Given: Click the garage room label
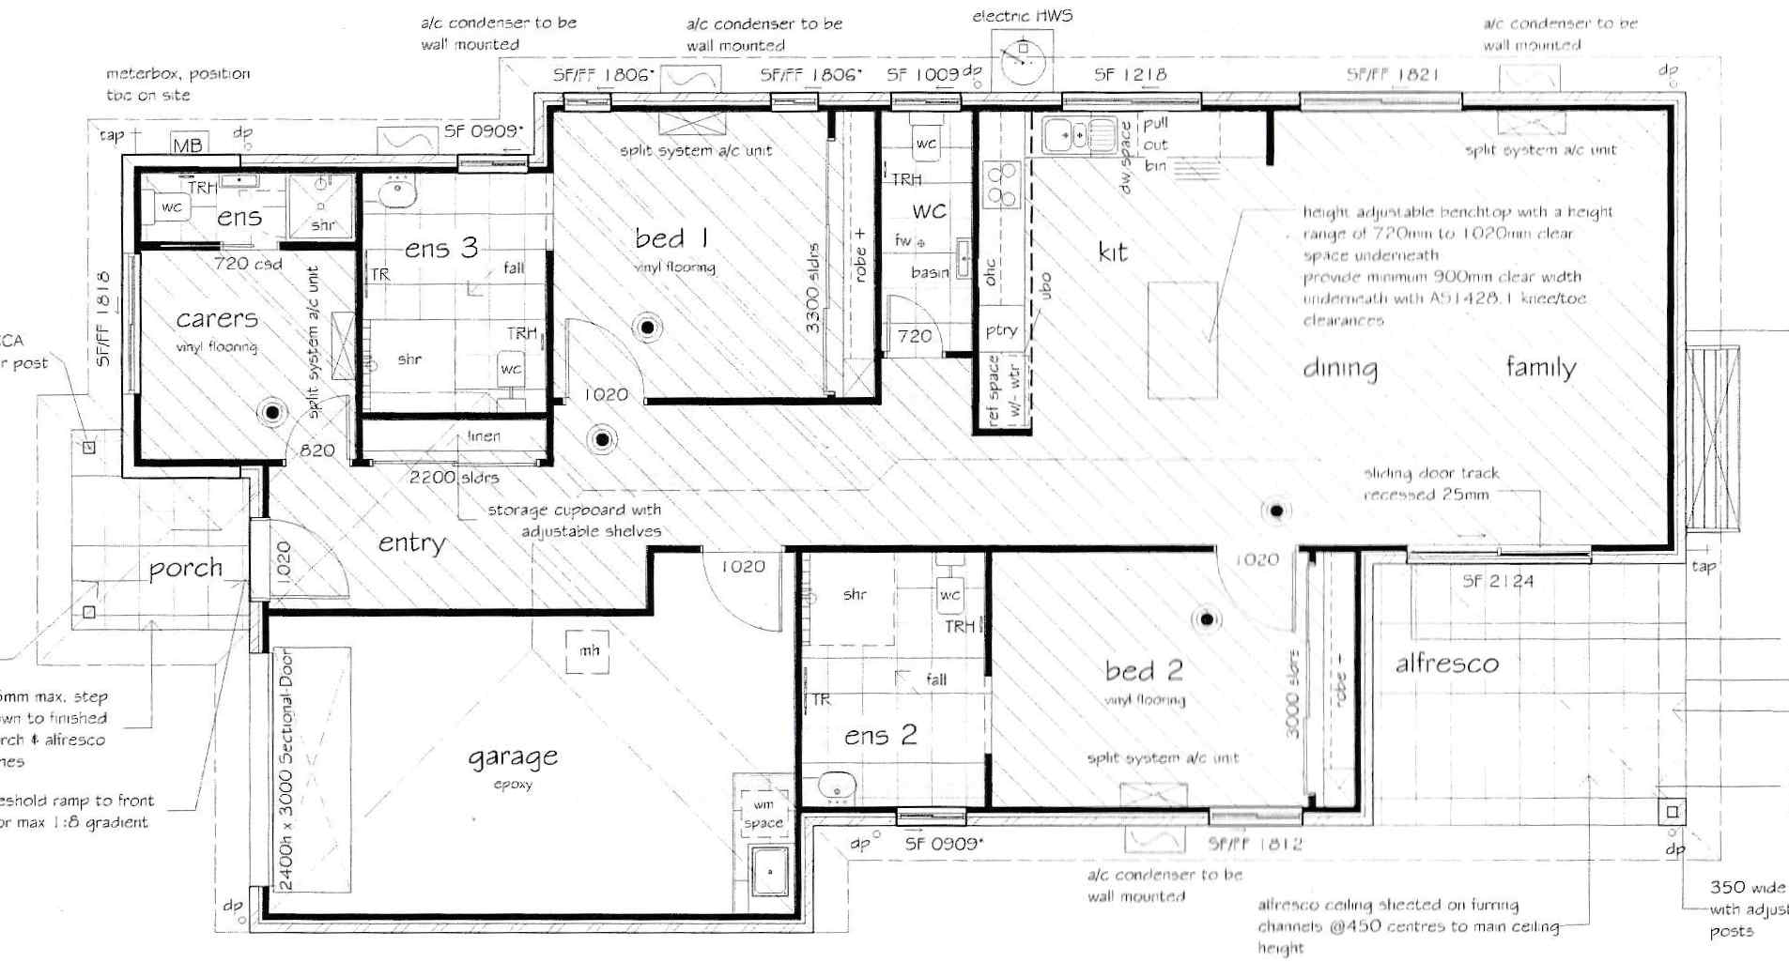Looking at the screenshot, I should coord(513,756).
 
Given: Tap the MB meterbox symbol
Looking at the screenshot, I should coord(187,145).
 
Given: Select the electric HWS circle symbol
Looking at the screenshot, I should coord(1022,62).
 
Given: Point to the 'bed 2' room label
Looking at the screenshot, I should coord(1144,671).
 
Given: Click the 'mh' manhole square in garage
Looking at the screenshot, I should coord(589,650).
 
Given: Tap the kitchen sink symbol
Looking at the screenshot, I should coord(1077,136).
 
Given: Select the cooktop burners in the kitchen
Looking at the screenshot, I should coord(1001,185).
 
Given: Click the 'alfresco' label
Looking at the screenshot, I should coord(1446,664).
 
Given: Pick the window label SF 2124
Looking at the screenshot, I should coord(1497,582).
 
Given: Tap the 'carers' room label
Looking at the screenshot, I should coord(217,319).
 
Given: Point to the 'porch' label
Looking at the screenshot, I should coord(186,569).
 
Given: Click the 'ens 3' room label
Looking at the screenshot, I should coord(441,249).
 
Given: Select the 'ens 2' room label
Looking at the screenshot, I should coord(880,736).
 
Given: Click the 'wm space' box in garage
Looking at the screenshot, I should coord(763,813).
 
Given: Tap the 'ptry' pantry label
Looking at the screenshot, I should coord(1001,330).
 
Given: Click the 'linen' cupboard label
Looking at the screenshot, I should coord(484,436).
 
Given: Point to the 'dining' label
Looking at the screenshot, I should coord(1340,368).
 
